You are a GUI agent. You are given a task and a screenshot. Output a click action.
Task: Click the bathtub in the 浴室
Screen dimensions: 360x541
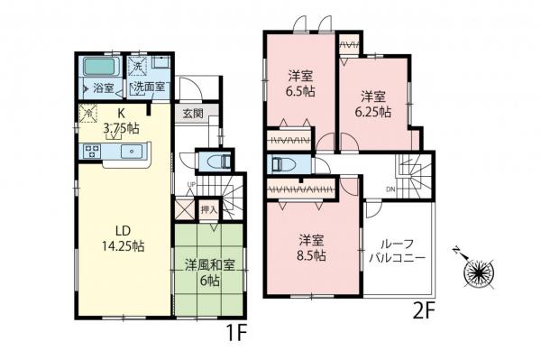pyautogui.click(x=97, y=69)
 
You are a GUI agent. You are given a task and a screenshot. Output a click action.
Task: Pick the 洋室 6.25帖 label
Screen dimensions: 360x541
pyautogui.click(x=373, y=104)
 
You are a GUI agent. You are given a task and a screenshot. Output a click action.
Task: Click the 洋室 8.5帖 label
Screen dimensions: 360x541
pyautogui.click(x=312, y=247)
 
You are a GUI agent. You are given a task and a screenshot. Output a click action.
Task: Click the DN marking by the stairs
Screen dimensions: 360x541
pyautogui.click(x=390, y=190)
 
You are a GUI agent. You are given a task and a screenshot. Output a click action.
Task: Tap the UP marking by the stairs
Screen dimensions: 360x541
pyautogui.click(x=190, y=186)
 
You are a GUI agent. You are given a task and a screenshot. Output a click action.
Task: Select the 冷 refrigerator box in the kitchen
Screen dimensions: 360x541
pyautogui.click(x=88, y=112)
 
